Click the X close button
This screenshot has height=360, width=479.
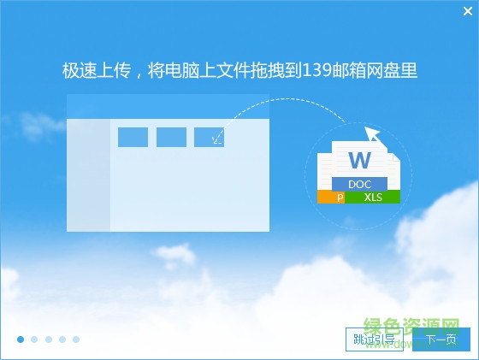[x=466, y=11]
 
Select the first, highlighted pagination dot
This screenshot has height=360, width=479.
[x=20, y=339]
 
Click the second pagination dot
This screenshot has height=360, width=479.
[x=34, y=339]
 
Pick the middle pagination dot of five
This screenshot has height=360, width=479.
[x=48, y=339]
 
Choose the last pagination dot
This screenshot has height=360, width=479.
[x=76, y=339]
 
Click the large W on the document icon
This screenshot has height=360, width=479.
[x=358, y=159]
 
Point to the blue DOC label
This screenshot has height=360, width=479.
[x=359, y=184]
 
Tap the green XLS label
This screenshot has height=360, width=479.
[x=373, y=198]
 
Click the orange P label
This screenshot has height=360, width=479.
[x=340, y=198]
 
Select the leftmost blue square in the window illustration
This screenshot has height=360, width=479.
[x=133, y=137]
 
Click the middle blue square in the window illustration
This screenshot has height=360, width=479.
[x=171, y=137]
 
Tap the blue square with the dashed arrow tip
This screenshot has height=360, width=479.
[x=210, y=137]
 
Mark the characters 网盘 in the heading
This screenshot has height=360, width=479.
[x=390, y=70]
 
